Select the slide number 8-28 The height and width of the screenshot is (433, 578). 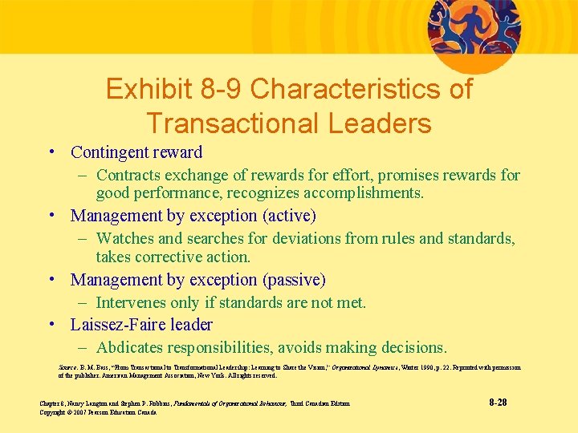[497, 402]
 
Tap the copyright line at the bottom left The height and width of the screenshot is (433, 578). [98, 412]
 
